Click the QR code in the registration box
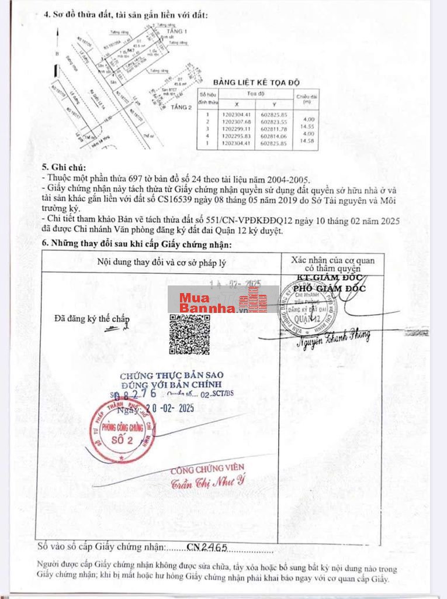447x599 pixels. point(189,334)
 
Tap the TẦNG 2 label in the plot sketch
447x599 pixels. point(182,107)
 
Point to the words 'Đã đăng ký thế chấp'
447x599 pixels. point(92,319)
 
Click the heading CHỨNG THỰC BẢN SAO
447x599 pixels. point(171,375)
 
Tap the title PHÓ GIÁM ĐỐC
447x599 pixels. point(329,288)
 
